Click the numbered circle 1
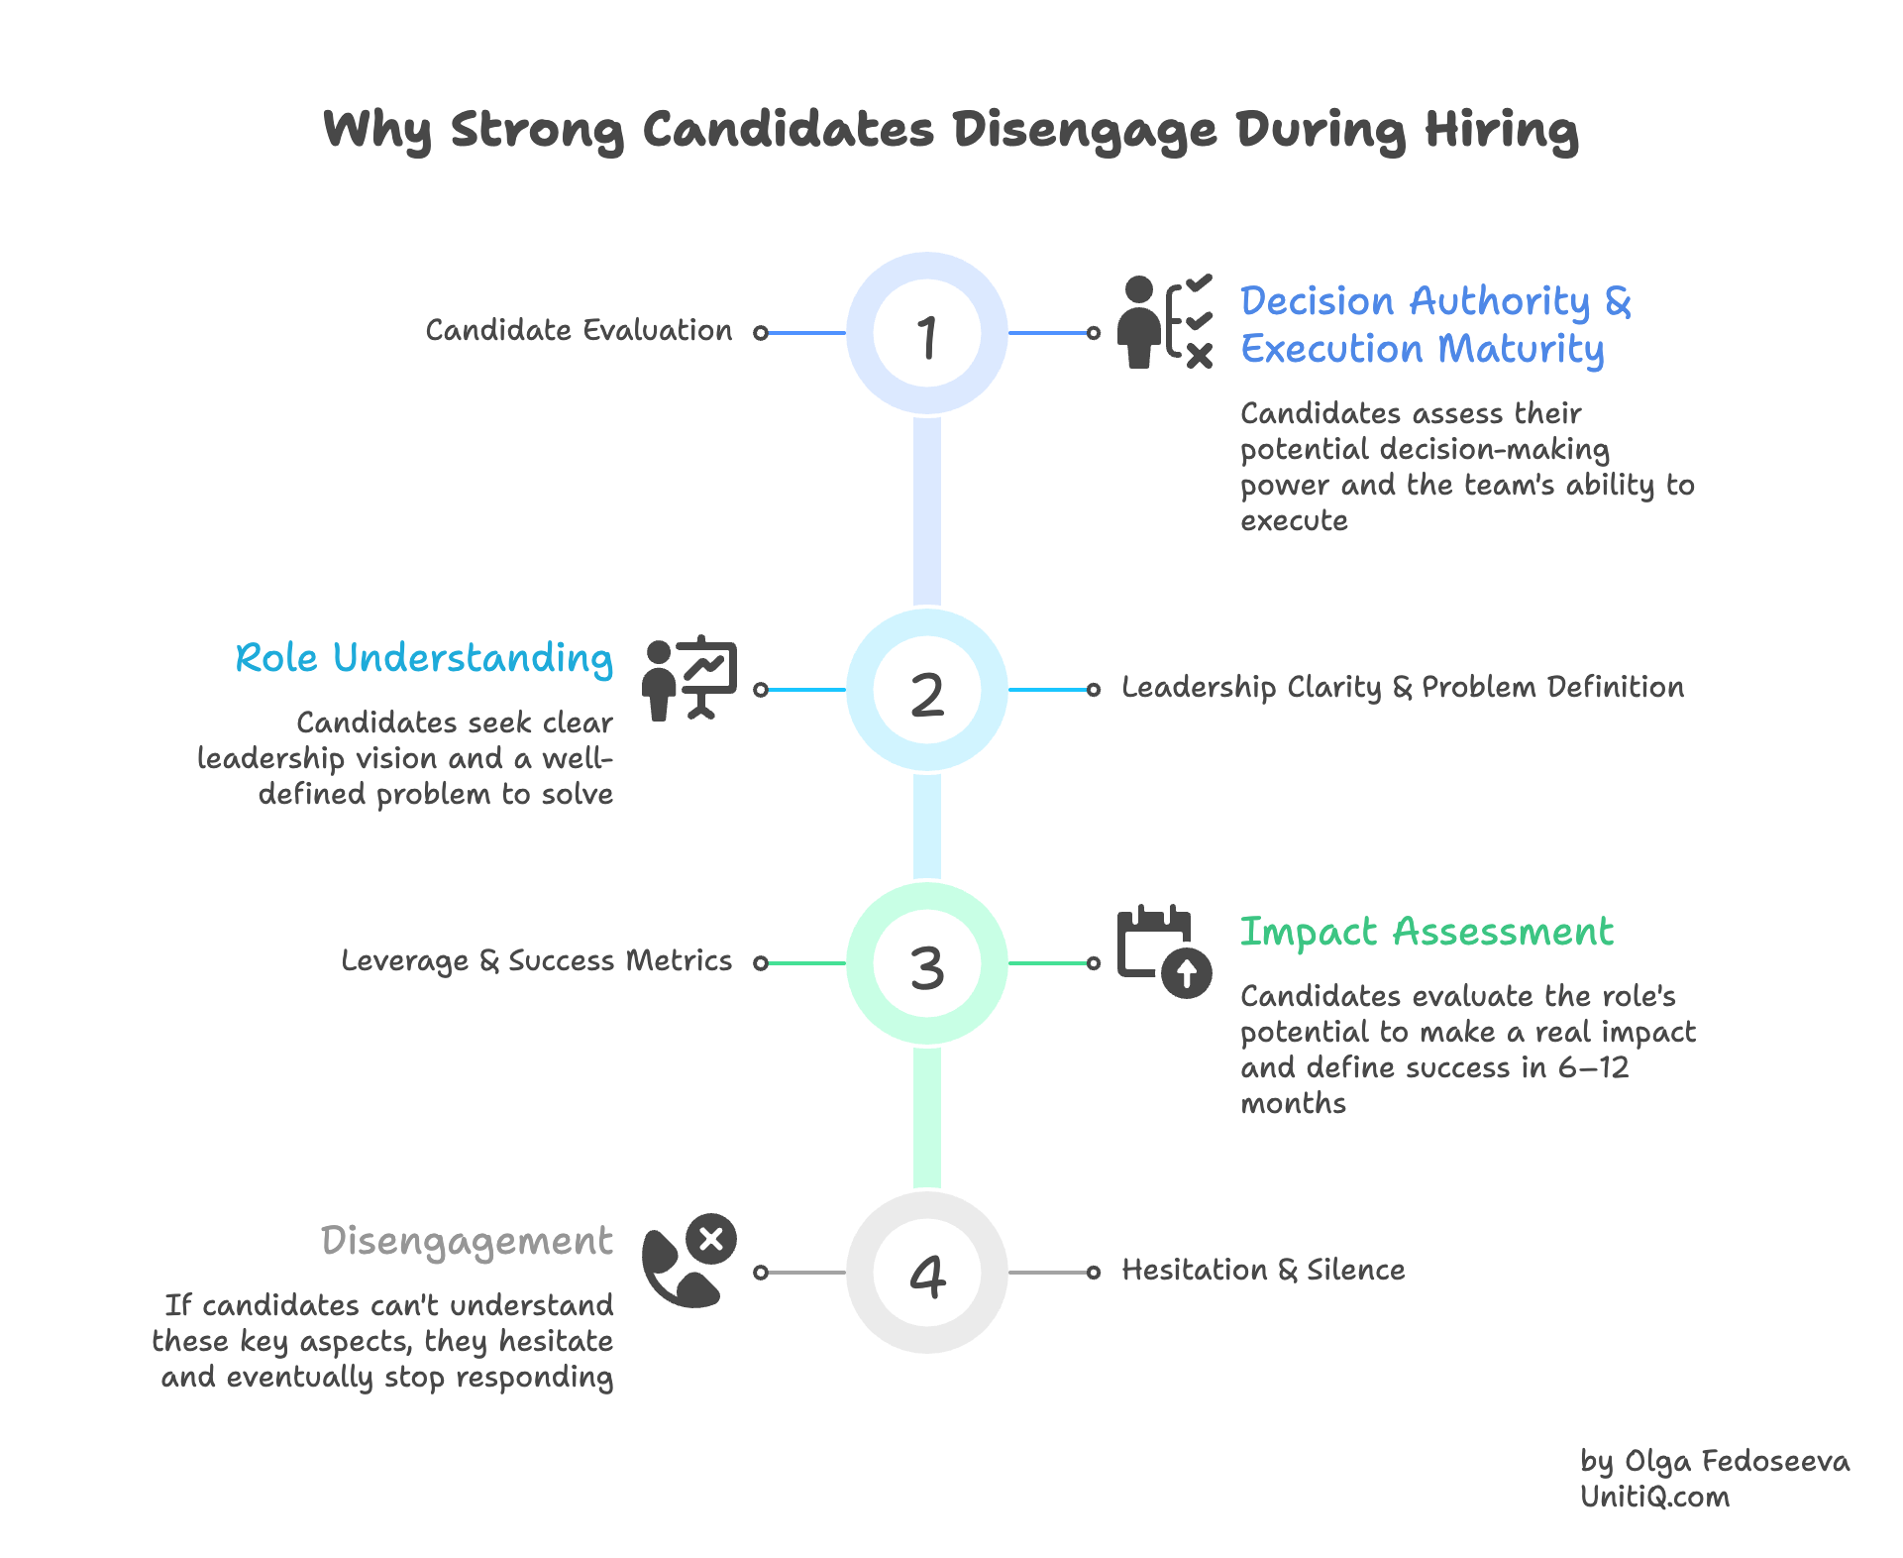(927, 333)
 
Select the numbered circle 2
(927, 691)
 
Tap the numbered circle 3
(927, 964)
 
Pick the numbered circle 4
(927, 1274)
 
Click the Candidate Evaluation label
(579, 331)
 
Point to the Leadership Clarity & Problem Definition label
(1402, 688)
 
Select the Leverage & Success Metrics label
(536, 961)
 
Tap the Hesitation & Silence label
(1263, 1271)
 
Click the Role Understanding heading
(424, 659)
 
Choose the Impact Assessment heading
(1427, 933)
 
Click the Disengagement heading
(467, 1242)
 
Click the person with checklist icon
(1165, 322)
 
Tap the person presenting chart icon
(689, 678)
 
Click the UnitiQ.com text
(1654, 1498)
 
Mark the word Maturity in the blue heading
(1521, 350)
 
